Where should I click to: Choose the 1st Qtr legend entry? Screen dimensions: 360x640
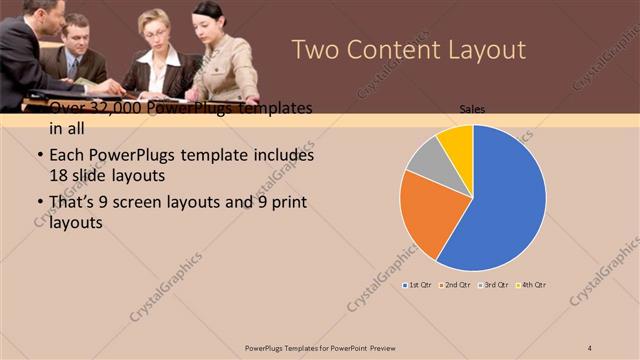[x=418, y=285]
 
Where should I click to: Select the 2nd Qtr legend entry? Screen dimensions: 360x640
[x=456, y=285]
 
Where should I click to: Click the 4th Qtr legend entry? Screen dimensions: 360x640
[x=532, y=285]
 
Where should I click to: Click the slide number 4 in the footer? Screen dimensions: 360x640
[x=590, y=347]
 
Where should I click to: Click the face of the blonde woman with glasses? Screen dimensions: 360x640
[x=157, y=27]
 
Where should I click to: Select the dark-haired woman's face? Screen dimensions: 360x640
[x=209, y=18]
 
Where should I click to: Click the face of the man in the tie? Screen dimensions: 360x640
[x=80, y=36]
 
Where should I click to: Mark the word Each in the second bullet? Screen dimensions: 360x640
[x=65, y=156]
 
